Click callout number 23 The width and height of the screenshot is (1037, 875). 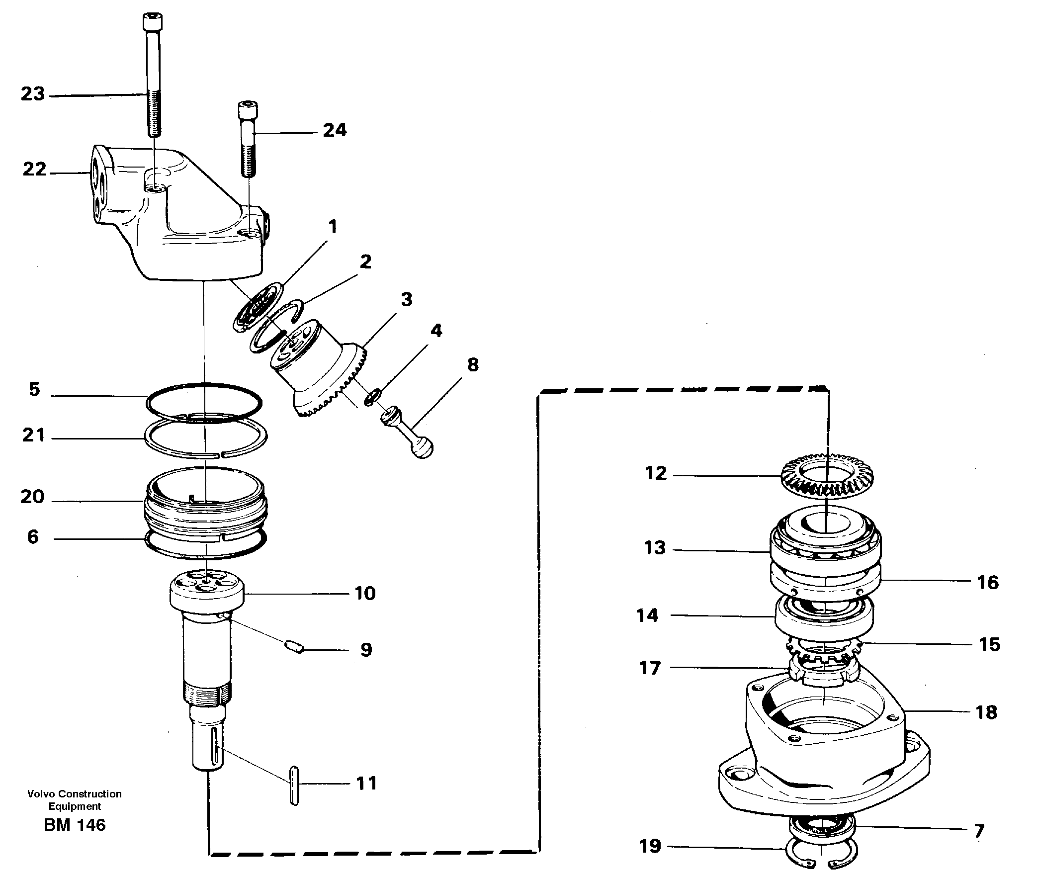pyautogui.click(x=33, y=93)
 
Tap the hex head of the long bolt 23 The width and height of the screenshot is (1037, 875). pyautogui.click(x=153, y=23)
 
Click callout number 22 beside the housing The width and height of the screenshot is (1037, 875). pyautogui.click(x=34, y=170)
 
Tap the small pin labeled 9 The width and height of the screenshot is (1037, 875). pyautogui.click(x=295, y=646)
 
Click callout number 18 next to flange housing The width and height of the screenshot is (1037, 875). pyautogui.click(x=986, y=712)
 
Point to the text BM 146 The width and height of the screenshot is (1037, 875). pyautogui.click(x=75, y=825)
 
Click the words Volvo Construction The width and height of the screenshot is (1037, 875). pyautogui.click(x=75, y=794)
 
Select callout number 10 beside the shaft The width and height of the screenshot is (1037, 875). pyautogui.click(x=365, y=593)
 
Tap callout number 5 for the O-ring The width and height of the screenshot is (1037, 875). pyautogui.click(x=34, y=389)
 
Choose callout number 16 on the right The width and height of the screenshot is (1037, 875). pyautogui.click(x=987, y=582)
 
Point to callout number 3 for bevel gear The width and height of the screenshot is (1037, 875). pyautogui.click(x=407, y=299)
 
